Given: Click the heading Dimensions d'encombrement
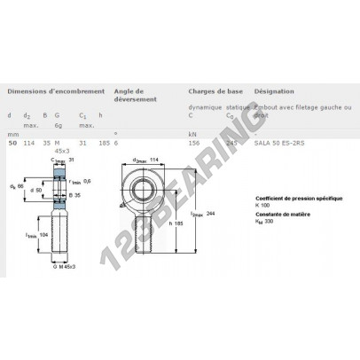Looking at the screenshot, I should click(x=57, y=90).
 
